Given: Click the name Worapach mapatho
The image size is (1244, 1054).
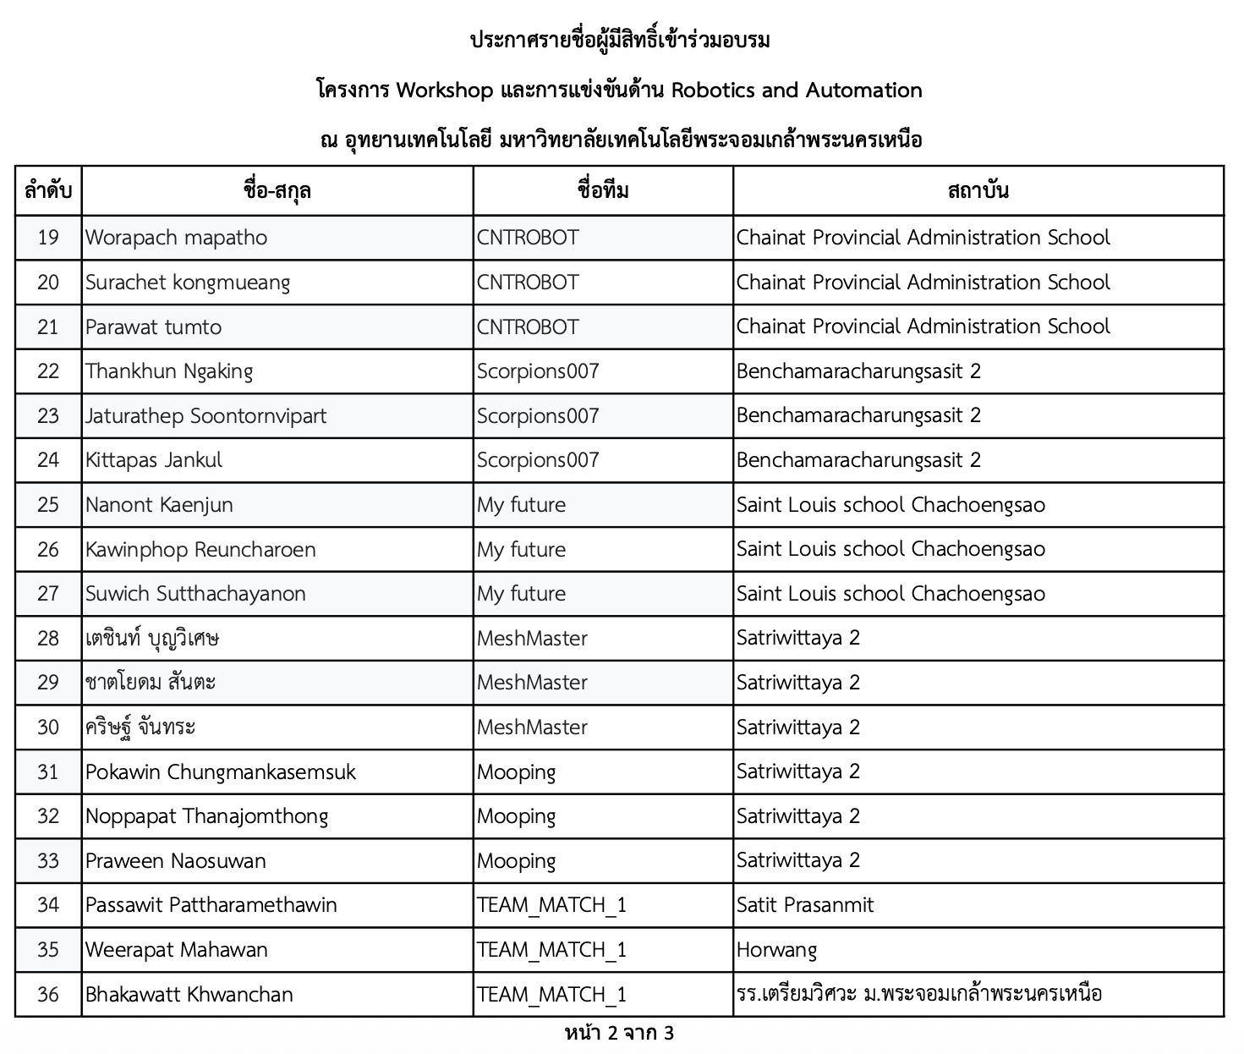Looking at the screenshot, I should (176, 238).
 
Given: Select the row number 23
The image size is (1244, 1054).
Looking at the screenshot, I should (48, 415).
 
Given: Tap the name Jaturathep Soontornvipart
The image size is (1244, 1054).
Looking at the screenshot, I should (206, 415).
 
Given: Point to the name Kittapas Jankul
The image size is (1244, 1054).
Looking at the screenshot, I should (154, 460).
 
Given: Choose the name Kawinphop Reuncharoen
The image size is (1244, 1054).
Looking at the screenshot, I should (200, 550).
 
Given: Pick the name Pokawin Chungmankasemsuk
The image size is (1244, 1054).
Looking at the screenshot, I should (221, 771).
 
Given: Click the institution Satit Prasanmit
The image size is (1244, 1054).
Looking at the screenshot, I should (805, 905).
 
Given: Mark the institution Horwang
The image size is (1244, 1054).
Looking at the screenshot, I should (776, 950).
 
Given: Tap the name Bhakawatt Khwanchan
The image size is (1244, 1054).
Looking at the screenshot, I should (189, 994).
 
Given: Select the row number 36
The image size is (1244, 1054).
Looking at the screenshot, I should (48, 994).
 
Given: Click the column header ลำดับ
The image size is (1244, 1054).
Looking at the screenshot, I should (48, 190).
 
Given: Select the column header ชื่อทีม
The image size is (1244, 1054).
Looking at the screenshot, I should (603, 190).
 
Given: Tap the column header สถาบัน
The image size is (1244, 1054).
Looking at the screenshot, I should (978, 190).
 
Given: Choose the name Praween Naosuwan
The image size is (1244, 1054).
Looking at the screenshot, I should (176, 861).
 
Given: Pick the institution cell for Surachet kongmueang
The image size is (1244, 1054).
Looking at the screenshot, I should (923, 283).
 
